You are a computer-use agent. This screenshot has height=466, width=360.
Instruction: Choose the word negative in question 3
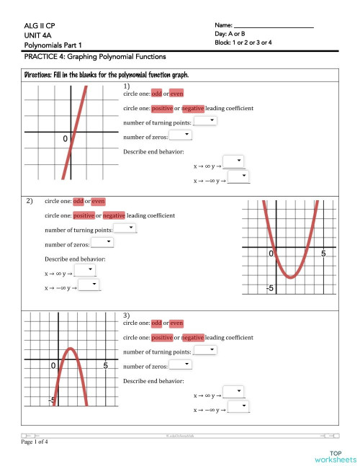tap(193, 337)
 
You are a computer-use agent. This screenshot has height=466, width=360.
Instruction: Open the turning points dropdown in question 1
tap(205, 122)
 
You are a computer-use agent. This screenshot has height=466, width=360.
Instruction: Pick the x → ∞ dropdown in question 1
tap(233, 161)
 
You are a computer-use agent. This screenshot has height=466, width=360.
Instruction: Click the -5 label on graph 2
tap(269, 288)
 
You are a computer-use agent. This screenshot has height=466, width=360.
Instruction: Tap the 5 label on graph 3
tap(105, 367)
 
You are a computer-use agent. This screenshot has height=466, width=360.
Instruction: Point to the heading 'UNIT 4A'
tap(37, 35)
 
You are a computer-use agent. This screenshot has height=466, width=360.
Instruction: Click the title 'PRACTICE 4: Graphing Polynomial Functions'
tap(95, 56)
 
